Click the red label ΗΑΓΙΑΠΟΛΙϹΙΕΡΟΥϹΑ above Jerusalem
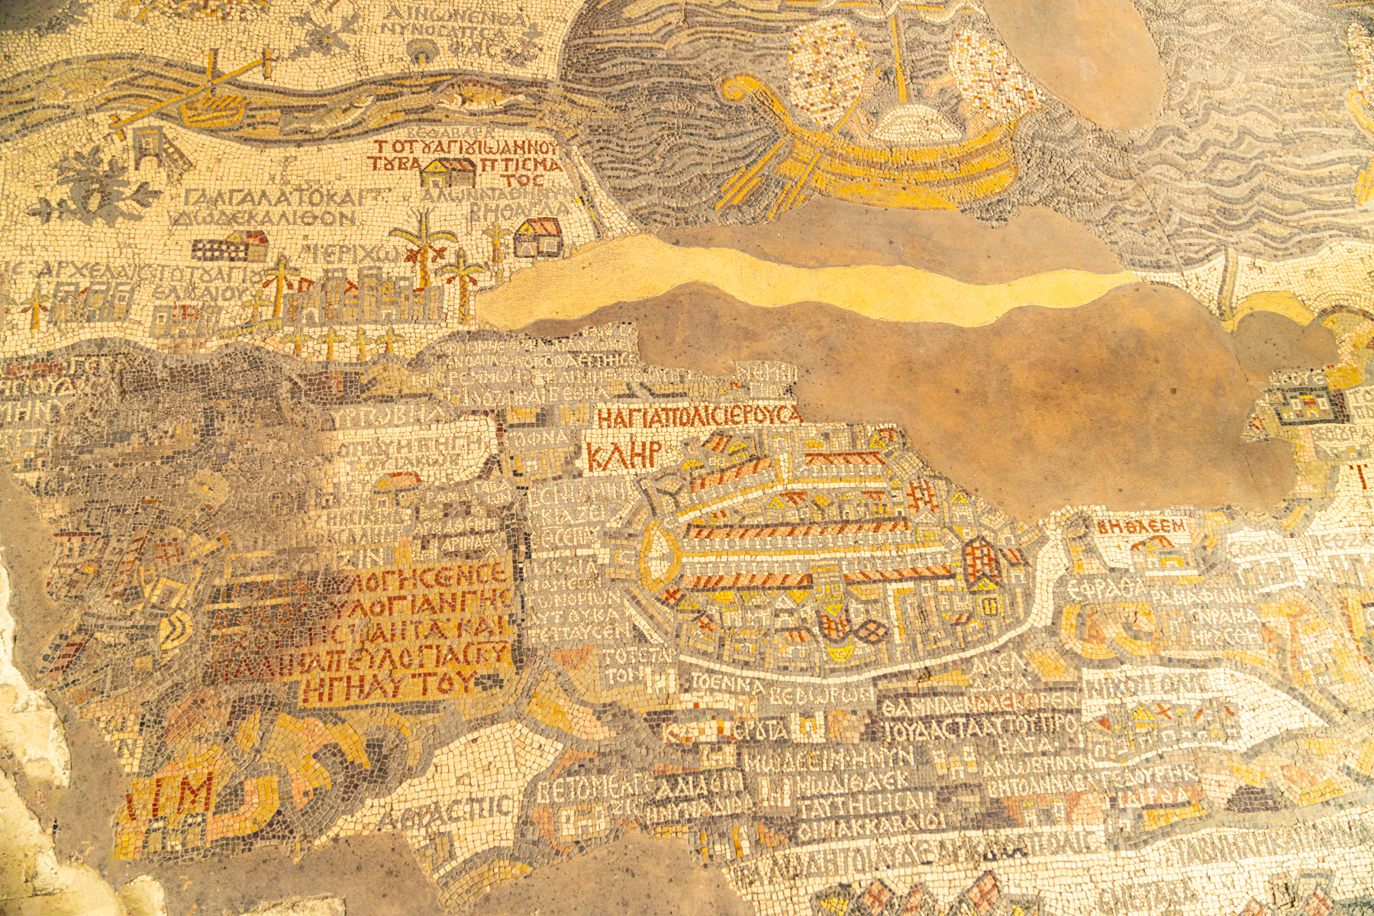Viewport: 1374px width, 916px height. (698, 416)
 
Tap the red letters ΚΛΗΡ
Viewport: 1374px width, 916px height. (623, 455)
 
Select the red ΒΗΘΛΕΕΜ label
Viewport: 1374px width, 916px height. (1142, 526)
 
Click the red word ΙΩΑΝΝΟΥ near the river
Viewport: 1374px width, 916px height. (515, 147)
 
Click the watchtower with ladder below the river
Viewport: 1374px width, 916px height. (153, 147)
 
